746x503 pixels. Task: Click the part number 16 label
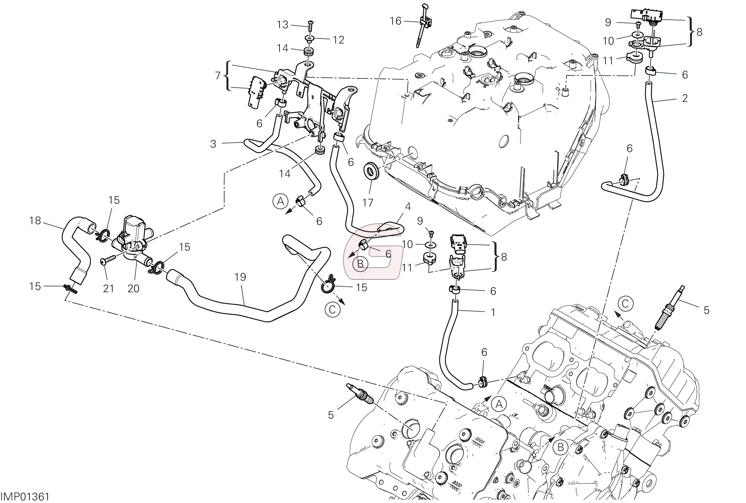click(x=395, y=21)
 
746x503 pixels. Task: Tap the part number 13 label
click(x=282, y=25)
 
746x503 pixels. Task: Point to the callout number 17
click(x=368, y=203)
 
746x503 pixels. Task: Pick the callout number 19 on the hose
click(x=240, y=277)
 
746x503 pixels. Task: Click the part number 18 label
click(x=35, y=221)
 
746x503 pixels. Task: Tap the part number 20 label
click(x=133, y=288)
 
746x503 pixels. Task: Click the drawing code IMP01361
click(x=25, y=497)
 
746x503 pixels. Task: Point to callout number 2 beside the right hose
click(x=685, y=98)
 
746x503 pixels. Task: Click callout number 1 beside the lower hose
click(x=493, y=313)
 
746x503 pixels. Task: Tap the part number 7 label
click(x=218, y=76)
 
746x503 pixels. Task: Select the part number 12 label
click(x=338, y=40)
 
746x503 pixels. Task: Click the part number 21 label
click(x=108, y=288)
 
